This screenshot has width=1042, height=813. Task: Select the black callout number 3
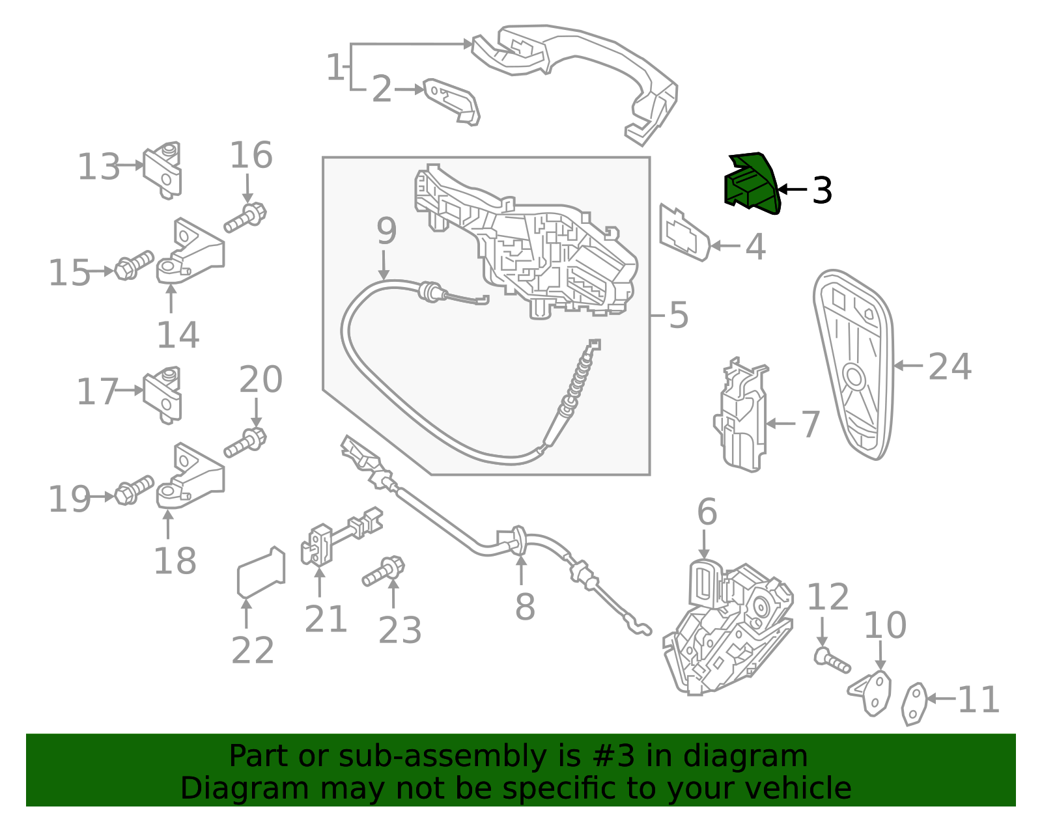point(823,190)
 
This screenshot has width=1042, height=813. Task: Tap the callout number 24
point(950,366)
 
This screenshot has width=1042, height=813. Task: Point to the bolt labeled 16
point(245,219)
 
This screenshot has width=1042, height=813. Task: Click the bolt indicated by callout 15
point(134,265)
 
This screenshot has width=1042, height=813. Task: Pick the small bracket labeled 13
point(163,170)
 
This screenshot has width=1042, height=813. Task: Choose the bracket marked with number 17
point(163,395)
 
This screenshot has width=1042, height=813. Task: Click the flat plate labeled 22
point(261,573)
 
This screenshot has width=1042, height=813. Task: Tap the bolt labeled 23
point(384,571)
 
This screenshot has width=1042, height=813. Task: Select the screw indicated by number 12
point(832,659)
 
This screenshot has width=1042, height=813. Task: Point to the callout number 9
point(386,230)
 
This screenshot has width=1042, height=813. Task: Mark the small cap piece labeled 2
point(452,102)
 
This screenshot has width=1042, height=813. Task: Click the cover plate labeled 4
point(684,233)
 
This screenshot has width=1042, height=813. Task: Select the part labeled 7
point(741,415)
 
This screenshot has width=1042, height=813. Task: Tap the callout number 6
point(707,512)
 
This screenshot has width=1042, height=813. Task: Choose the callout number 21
point(326,619)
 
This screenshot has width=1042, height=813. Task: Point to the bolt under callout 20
point(245,443)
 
